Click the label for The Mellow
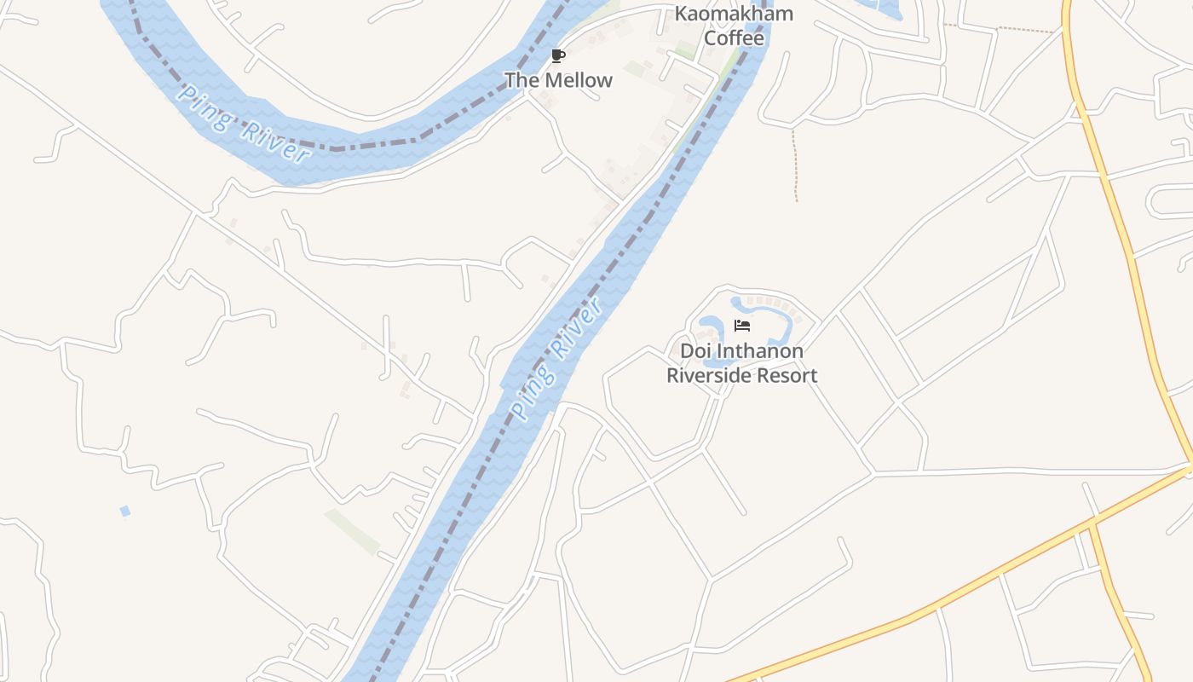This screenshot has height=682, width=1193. tap(558, 80)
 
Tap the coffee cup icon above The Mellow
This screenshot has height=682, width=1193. tap(557, 57)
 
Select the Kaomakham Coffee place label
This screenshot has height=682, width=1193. tap(734, 26)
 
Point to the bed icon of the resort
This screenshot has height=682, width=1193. tap(742, 326)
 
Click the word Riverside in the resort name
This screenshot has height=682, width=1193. tap(707, 376)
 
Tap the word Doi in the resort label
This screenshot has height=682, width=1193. tap(694, 351)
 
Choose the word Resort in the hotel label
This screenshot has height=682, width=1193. tap(784, 376)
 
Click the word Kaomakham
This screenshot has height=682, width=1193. tap(734, 14)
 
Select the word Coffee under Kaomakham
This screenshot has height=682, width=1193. tap(734, 38)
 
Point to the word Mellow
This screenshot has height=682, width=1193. tap(574, 80)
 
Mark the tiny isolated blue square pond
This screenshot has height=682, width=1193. tap(125, 511)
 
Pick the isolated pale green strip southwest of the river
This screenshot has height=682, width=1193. tap(352, 532)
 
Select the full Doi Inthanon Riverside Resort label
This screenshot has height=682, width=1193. tap(741, 363)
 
